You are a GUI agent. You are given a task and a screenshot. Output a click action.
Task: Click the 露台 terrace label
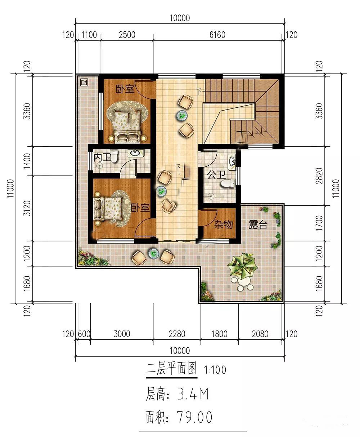pos(258,225)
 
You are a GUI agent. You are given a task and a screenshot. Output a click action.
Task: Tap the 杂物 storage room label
pos(224,224)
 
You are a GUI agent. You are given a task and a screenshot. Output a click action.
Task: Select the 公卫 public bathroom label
pos(216,175)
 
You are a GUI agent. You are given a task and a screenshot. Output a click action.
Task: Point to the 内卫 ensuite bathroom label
pos(102,157)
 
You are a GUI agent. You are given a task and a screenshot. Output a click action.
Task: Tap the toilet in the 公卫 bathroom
pos(228,183)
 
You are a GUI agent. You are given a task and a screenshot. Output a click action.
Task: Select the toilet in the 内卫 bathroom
pos(114,156)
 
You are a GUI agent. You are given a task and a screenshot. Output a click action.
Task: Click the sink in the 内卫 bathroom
pos(135,153)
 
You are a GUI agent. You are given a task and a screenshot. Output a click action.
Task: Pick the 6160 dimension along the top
pos(217,35)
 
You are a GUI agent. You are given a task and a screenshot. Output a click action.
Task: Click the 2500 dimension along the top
pos(127,35)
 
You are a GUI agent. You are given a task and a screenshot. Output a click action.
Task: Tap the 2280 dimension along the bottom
pos(177,334)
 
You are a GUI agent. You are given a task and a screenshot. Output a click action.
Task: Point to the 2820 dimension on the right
pos(319,176)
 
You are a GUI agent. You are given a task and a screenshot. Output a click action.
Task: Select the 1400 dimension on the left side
pos(27,161)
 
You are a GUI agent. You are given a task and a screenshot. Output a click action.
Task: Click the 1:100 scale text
pos(215,370)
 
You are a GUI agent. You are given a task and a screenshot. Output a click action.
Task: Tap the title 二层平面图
pos(171,369)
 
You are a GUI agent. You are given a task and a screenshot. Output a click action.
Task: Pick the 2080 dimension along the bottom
pos(260,334)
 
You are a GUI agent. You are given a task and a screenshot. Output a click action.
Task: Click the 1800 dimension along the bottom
pos(220,334)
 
